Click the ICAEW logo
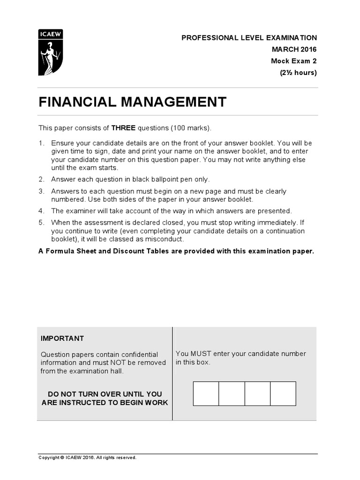(x=50, y=52)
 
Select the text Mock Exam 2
(x=294, y=61)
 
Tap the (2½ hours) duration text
(x=298, y=73)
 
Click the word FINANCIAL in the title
(x=76, y=102)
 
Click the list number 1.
(x=41, y=143)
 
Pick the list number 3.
(x=41, y=191)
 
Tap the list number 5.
(x=41, y=223)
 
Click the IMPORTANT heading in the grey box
(x=62, y=338)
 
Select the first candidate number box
(x=206, y=393)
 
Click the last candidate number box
(x=283, y=393)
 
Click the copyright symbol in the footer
(x=61, y=457)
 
